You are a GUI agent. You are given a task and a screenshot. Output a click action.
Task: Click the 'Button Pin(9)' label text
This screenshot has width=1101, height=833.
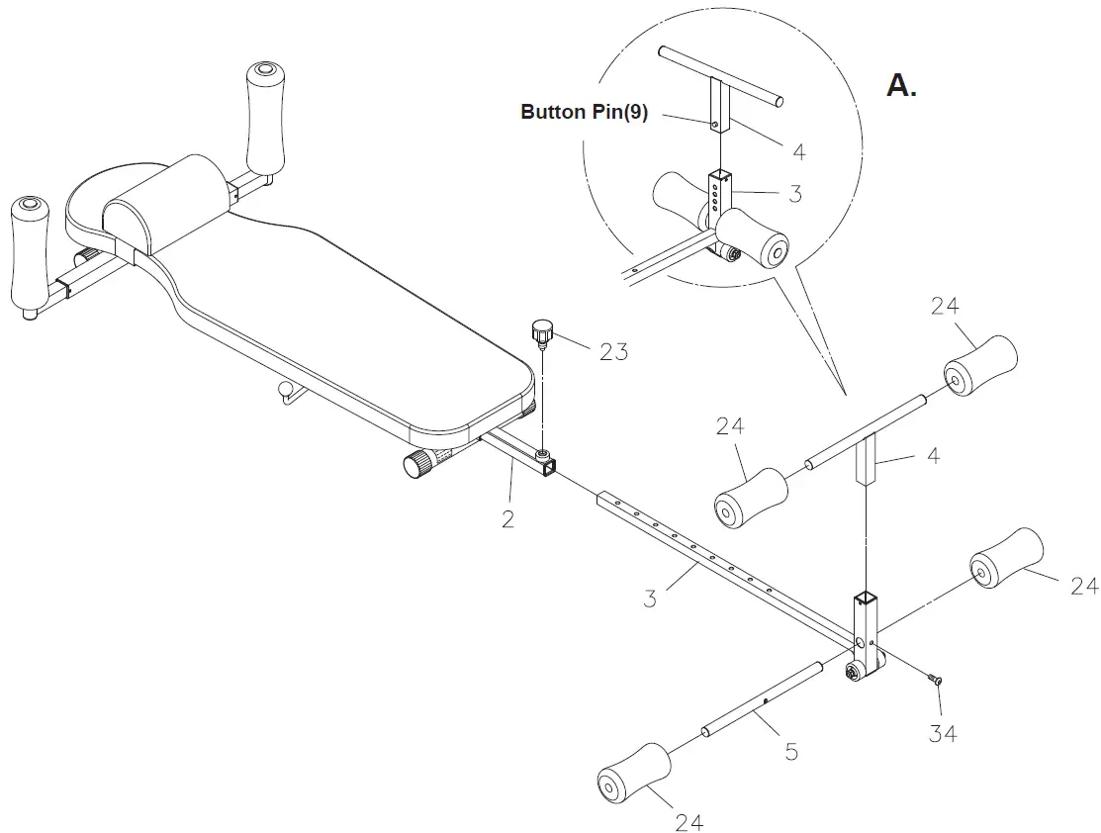[x=584, y=112]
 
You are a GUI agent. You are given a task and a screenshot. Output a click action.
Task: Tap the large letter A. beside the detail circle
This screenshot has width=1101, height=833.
[x=901, y=85]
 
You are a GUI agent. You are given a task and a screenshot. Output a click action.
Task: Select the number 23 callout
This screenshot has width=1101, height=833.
[x=613, y=350]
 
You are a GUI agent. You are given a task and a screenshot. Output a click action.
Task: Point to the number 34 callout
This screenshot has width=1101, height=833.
[x=943, y=733]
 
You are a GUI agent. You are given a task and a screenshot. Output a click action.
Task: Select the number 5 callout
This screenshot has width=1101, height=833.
[x=790, y=752]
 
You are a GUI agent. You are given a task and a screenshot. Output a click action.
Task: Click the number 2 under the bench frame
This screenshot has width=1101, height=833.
[x=507, y=518]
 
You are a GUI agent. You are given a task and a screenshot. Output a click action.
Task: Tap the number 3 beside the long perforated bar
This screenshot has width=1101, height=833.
[x=650, y=599]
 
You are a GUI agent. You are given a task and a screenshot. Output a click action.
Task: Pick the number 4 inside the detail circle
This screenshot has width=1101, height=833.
[x=798, y=151]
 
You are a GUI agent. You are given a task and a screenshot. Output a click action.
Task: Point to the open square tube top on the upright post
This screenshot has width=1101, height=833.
[x=866, y=599]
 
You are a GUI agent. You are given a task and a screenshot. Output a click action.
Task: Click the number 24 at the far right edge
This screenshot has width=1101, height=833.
[x=1083, y=587]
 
